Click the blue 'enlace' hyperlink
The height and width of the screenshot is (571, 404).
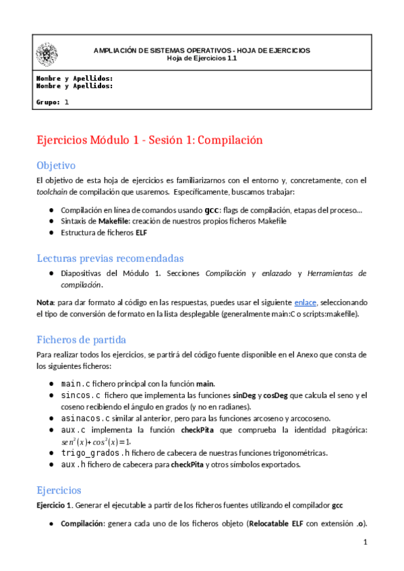[306, 303]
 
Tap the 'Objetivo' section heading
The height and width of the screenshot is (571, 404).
[56, 165]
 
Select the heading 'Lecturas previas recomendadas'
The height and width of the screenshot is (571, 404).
[109, 258]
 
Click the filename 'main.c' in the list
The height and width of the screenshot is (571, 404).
[76, 383]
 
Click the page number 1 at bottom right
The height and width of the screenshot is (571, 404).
[364, 542]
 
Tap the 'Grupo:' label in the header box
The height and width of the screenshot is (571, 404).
[47, 102]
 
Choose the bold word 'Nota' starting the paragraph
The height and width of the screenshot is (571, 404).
[45, 303]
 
